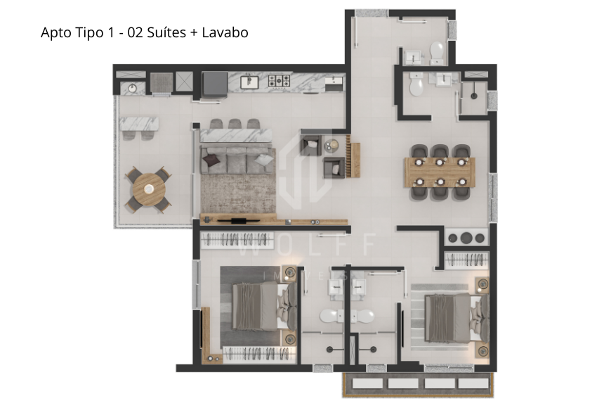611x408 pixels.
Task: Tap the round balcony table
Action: [147, 188]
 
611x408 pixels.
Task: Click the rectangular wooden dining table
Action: [440, 172]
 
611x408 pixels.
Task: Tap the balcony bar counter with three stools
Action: [139, 125]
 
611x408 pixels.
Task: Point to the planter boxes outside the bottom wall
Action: [416, 383]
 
